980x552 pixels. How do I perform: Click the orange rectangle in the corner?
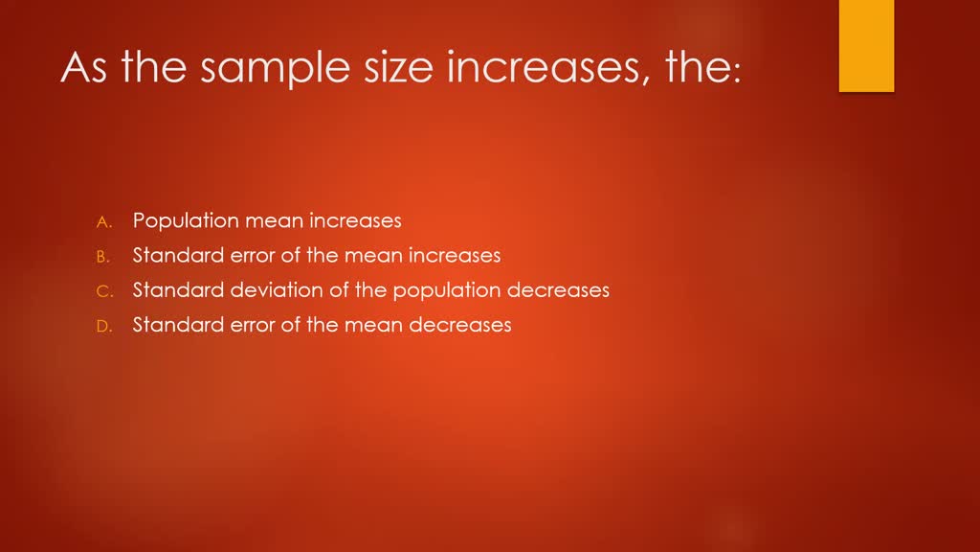pos(866,45)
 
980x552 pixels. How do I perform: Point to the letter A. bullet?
pos(104,221)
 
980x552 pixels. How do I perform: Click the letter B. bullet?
pos(104,257)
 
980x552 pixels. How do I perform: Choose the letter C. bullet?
pos(104,291)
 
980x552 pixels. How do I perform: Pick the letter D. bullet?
pos(104,326)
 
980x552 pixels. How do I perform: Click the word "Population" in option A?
pos(186,221)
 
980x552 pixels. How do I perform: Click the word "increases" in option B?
pos(455,256)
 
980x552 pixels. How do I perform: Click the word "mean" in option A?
pos(272,221)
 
